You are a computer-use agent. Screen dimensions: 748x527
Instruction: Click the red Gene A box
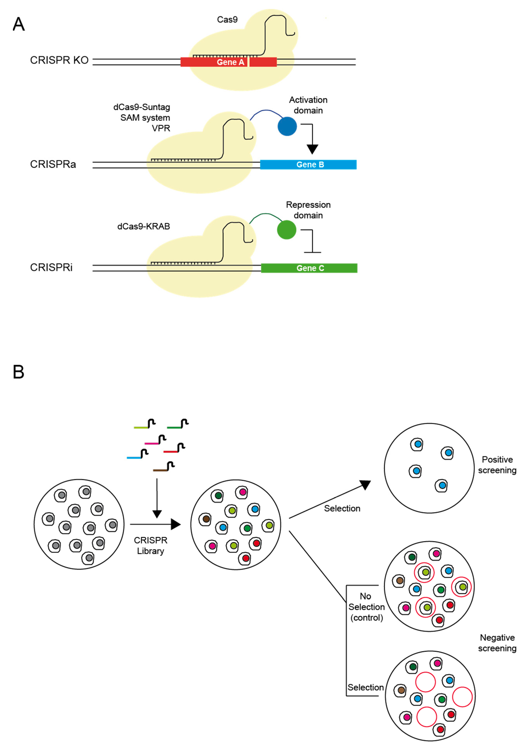pos(228,62)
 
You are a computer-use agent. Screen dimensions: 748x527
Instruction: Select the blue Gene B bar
pos(308,165)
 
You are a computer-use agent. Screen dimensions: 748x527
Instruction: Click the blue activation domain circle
pos(287,126)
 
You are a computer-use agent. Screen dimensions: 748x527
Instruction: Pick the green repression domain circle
pos(286,230)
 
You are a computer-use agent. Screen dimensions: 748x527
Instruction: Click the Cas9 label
pos(227,20)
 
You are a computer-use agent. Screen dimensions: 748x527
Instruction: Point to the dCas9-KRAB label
pos(144,226)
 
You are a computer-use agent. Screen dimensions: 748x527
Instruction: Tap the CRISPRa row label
pos(53,164)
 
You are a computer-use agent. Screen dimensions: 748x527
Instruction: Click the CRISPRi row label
pos(51,267)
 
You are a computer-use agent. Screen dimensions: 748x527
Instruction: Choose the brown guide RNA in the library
pos(163,467)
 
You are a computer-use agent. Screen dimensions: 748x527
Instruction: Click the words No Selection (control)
pos(366,606)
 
